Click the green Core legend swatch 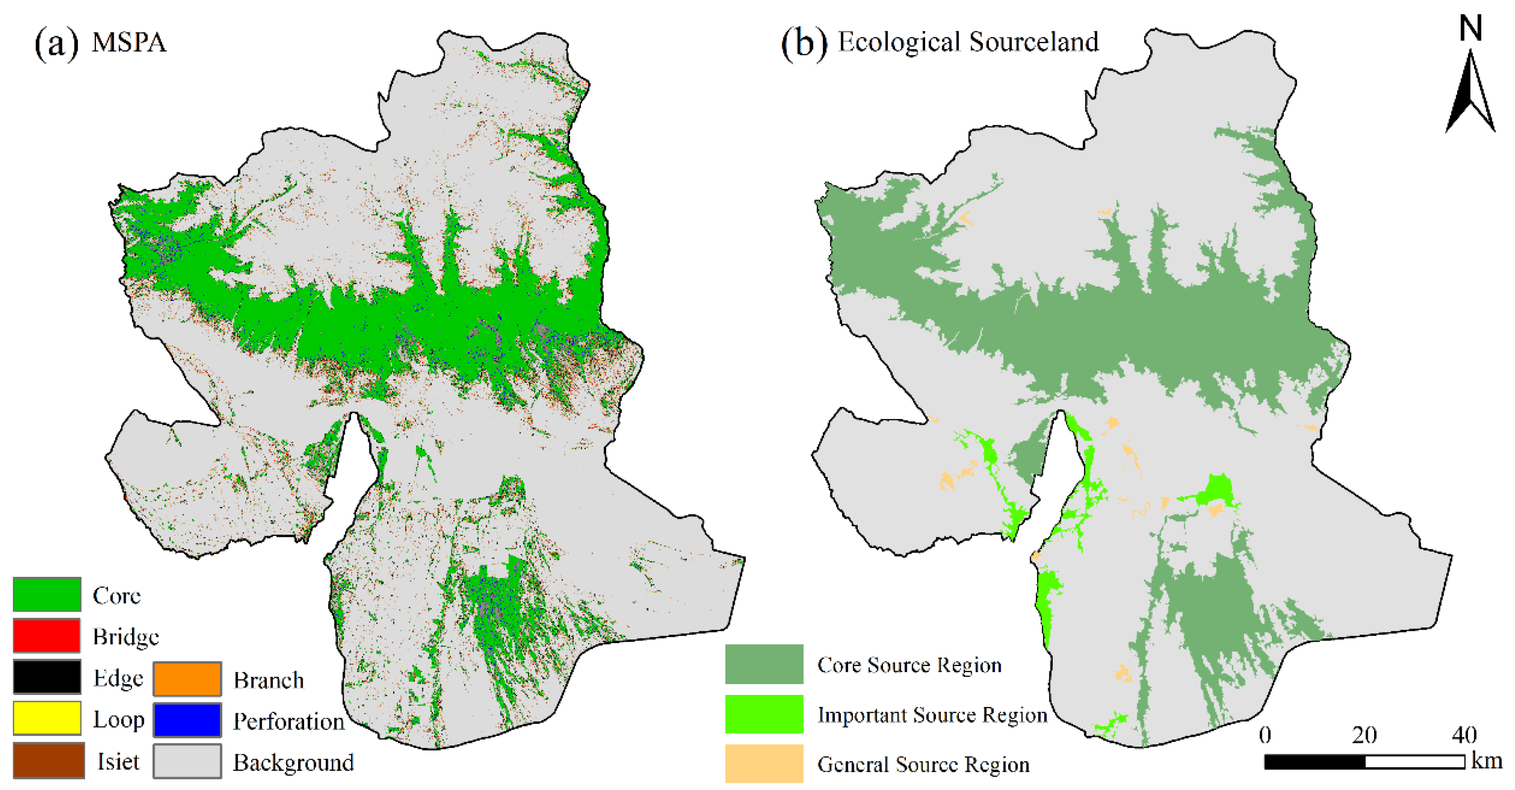pyautogui.click(x=47, y=594)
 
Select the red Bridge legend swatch pyautogui.click(x=47, y=635)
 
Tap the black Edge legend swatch pyautogui.click(x=47, y=676)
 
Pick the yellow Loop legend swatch pyautogui.click(x=47, y=718)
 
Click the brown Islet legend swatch pyautogui.click(x=48, y=760)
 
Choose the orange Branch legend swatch pyautogui.click(x=187, y=678)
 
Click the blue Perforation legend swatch pyautogui.click(x=187, y=719)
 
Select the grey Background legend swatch pyautogui.click(x=187, y=761)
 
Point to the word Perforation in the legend pyautogui.click(x=289, y=722)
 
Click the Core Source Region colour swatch pyautogui.click(x=764, y=663)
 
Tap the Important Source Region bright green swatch pyautogui.click(x=764, y=713)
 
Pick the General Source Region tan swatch pyautogui.click(x=764, y=763)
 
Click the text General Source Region pyautogui.click(x=923, y=764)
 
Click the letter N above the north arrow pyautogui.click(x=1470, y=28)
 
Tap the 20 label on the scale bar pyautogui.click(x=1364, y=735)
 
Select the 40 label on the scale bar pyautogui.click(x=1464, y=735)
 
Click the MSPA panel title pyautogui.click(x=130, y=43)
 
